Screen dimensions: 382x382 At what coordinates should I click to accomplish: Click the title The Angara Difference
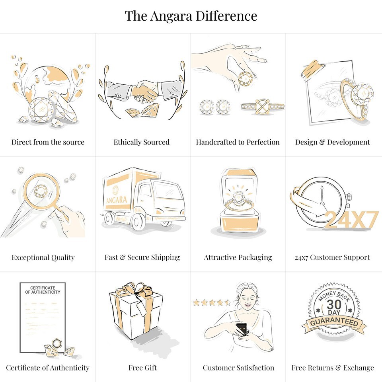click(191, 16)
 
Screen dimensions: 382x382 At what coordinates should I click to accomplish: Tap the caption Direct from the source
click(48, 142)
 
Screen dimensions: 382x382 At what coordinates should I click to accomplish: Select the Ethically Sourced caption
click(142, 142)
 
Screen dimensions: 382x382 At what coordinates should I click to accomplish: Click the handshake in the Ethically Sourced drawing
click(144, 92)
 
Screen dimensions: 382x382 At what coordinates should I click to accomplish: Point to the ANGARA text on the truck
click(117, 200)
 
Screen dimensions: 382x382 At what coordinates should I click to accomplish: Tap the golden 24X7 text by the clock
click(351, 219)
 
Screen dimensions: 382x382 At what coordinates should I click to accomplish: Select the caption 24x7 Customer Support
click(332, 257)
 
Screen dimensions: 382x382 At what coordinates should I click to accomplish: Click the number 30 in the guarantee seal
click(334, 304)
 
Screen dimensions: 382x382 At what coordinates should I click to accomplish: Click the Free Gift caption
click(143, 368)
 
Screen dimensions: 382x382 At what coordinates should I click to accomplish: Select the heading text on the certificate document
click(43, 290)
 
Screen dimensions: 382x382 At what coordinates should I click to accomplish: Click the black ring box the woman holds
click(242, 329)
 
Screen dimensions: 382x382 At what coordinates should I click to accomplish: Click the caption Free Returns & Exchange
click(333, 368)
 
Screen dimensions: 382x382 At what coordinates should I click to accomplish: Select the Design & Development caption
click(333, 142)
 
